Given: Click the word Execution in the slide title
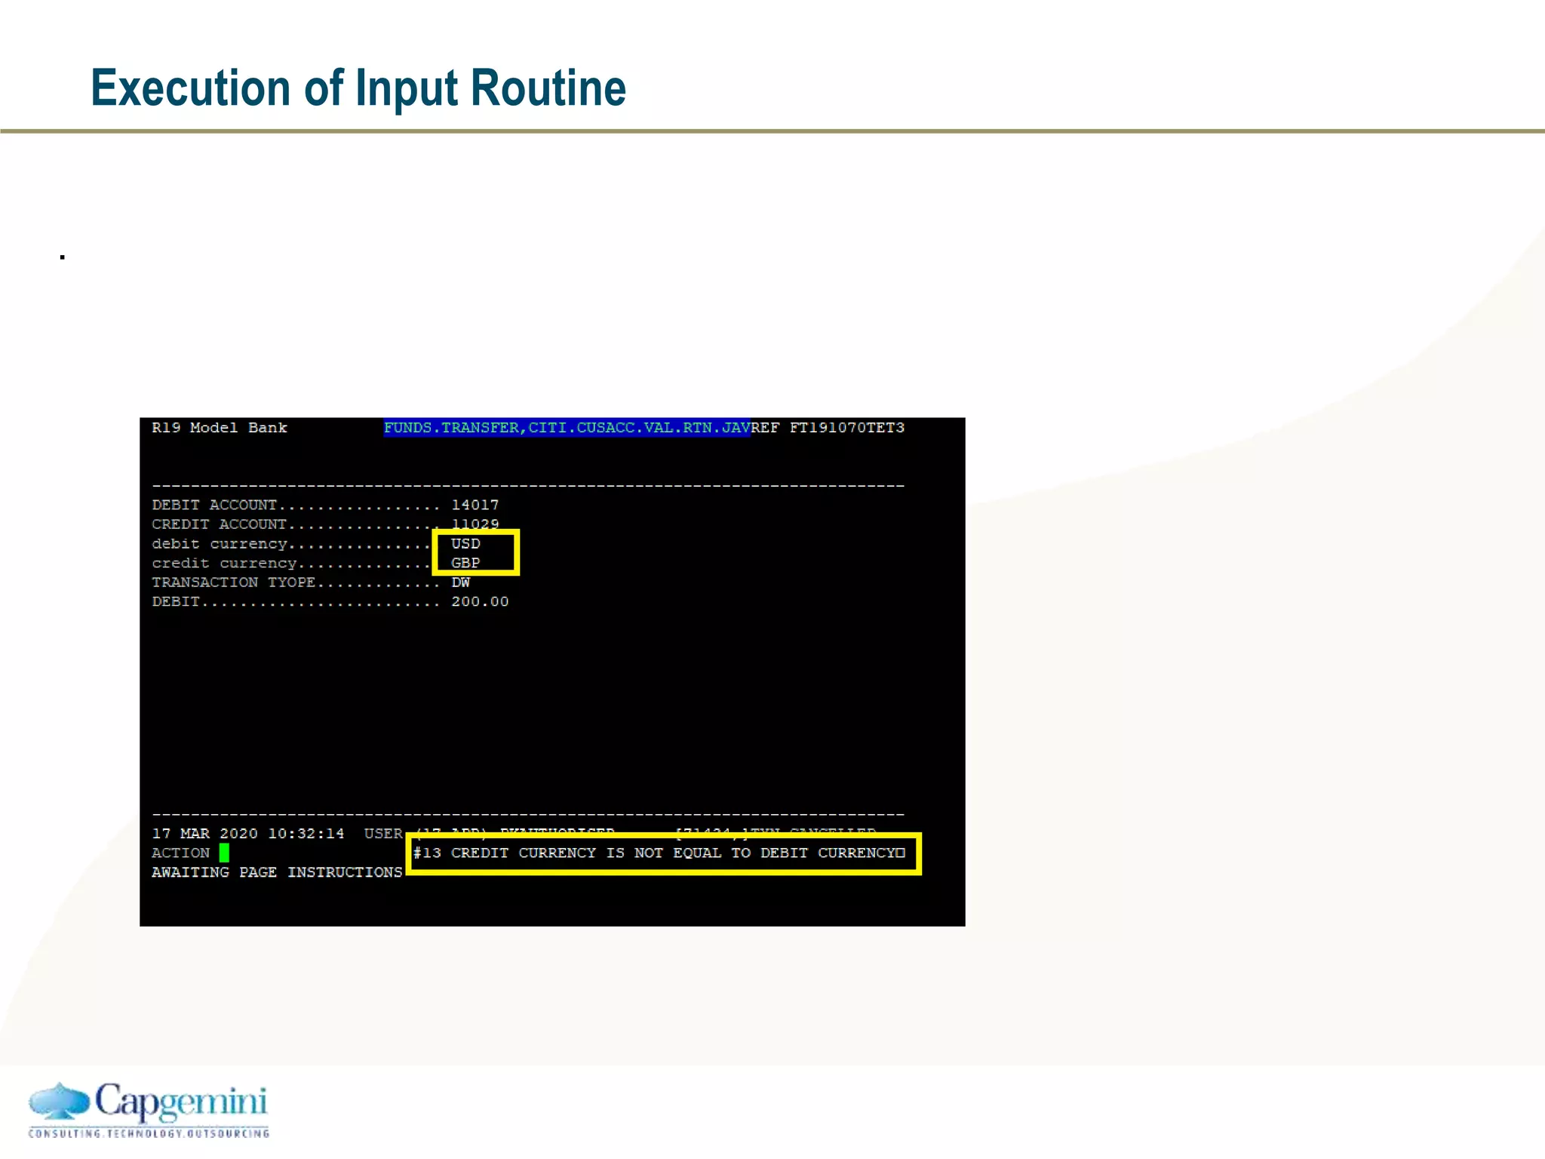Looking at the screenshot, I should tap(190, 88).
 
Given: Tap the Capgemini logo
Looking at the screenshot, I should tap(149, 1109).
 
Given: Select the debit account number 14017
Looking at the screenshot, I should tap(475, 505).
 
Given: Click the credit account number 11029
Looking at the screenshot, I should tap(475, 524).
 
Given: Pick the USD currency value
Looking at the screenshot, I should tap(465, 543).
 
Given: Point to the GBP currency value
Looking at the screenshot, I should tap(465, 563).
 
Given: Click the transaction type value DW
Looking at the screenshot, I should tap(460, 583).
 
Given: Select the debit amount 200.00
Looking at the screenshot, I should tap(480, 601).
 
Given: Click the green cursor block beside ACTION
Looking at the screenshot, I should tap(224, 853).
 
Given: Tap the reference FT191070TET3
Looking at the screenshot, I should tap(846, 428).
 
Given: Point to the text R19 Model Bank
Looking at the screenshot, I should tap(219, 428).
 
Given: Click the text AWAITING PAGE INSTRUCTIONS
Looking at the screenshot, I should tap(277, 872).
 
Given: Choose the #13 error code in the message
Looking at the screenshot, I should tap(427, 853).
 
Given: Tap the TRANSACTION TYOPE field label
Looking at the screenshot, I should tap(233, 583).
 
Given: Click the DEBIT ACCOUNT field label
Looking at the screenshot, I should tap(214, 505).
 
